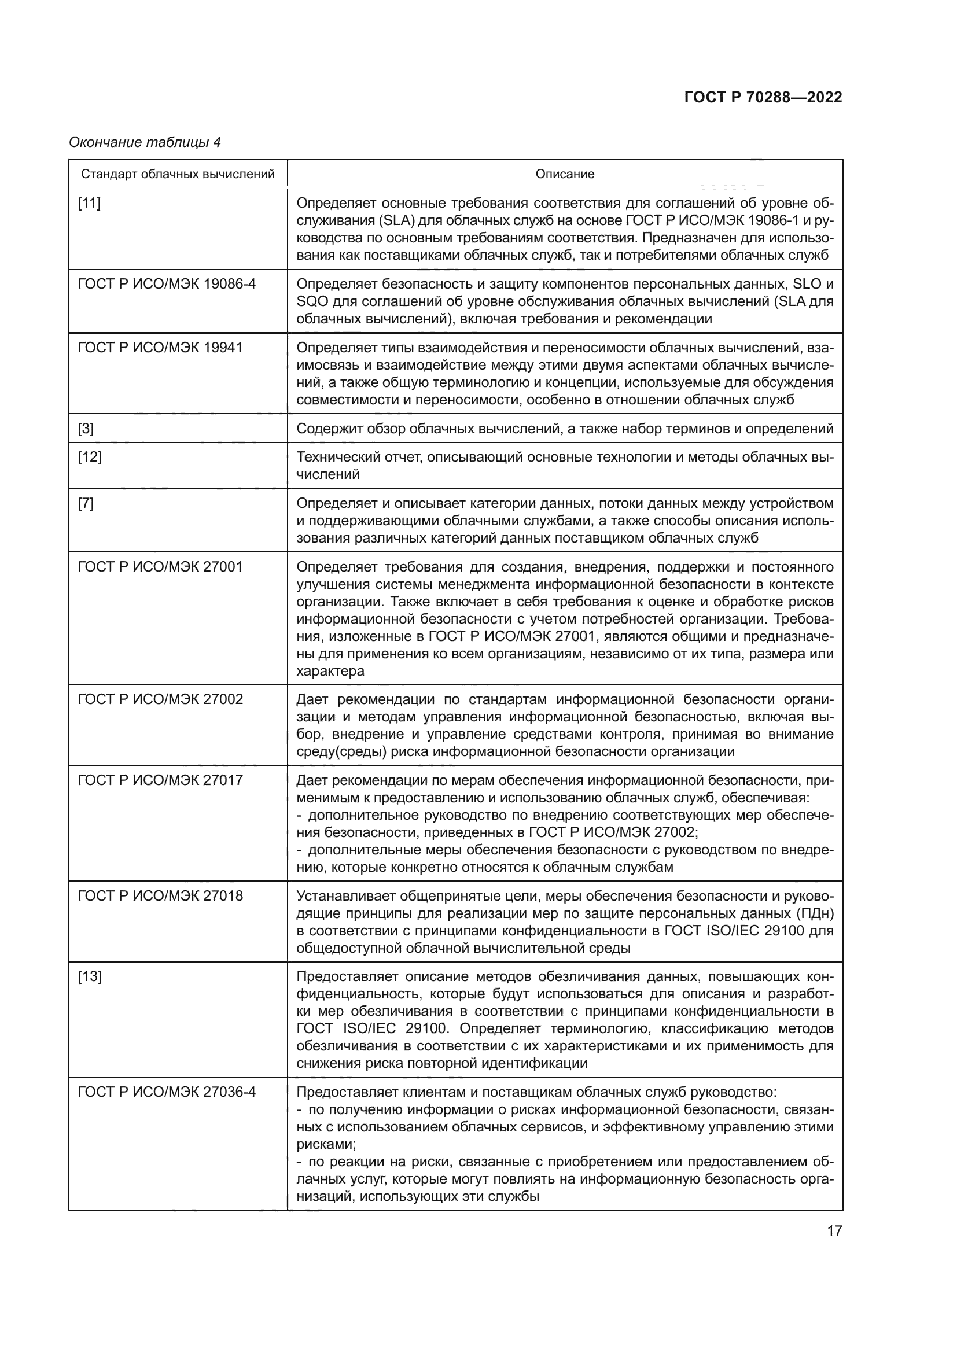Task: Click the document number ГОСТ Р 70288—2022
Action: coord(763,97)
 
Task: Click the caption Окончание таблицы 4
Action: coord(145,142)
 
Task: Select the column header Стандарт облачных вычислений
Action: coord(178,174)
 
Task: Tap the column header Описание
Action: coord(565,174)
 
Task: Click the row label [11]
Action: coord(89,203)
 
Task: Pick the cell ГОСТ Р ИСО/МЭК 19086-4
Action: coord(167,284)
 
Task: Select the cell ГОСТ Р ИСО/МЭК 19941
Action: coord(160,348)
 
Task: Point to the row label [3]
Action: coord(86,429)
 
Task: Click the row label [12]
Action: coord(89,458)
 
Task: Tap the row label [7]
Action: coord(86,503)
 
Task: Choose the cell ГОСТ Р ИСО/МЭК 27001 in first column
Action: coord(160,567)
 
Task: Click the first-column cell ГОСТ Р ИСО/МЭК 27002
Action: coord(160,699)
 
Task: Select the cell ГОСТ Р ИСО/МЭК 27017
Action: coord(160,780)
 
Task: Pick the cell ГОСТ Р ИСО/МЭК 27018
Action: coord(160,896)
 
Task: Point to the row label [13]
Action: coord(89,977)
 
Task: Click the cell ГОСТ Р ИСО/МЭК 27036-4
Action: coord(167,1092)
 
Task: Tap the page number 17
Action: coord(834,1231)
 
